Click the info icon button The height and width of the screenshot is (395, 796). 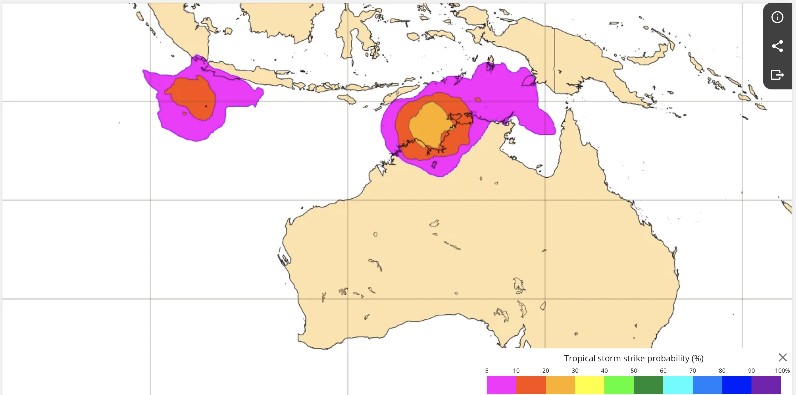(x=777, y=17)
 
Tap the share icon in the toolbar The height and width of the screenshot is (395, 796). (x=777, y=46)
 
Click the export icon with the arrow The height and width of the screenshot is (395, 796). (x=777, y=75)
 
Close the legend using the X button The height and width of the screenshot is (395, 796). (x=782, y=357)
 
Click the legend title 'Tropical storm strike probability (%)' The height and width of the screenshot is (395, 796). (x=634, y=358)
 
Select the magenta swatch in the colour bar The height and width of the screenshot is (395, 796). (x=501, y=385)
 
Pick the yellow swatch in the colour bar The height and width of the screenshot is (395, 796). (x=590, y=385)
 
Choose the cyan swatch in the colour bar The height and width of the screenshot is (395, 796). (x=678, y=385)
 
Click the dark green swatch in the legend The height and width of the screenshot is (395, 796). (x=648, y=385)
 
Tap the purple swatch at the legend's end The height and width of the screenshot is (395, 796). (x=766, y=385)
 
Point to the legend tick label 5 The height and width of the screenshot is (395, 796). (x=487, y=371)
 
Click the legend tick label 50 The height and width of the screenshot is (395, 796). (x=634, y=371)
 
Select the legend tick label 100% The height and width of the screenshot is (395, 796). (x=782, y=371)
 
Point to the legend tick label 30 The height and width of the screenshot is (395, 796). (x=575, y=371)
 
